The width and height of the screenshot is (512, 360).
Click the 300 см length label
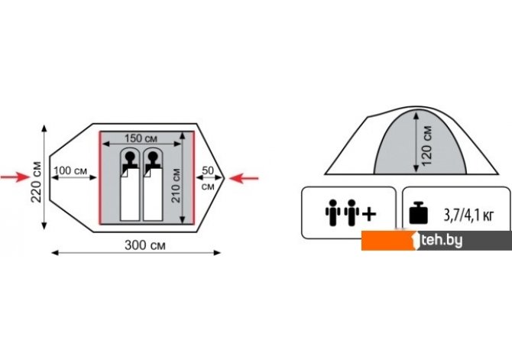145,245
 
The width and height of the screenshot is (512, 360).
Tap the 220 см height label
36,182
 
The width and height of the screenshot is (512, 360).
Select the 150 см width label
141,138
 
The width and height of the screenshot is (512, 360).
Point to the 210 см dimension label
176,185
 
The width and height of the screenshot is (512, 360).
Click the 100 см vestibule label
70,170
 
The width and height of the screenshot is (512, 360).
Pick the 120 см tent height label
426,146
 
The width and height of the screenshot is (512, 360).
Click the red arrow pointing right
15,177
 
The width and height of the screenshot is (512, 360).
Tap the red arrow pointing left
244,178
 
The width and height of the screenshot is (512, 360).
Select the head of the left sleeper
130,157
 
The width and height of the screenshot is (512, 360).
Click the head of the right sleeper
153,157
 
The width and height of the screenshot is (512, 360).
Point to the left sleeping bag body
130,194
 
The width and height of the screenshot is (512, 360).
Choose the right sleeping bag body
153,194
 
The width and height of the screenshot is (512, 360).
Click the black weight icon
418,213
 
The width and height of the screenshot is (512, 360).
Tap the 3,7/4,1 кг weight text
468,216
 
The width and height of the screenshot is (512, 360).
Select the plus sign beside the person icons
369,214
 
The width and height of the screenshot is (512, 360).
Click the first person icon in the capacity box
332,212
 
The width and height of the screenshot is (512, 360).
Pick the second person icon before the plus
352,212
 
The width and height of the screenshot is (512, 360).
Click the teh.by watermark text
442,241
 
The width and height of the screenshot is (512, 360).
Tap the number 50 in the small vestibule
208,170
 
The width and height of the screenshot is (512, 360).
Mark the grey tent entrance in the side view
420,144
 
